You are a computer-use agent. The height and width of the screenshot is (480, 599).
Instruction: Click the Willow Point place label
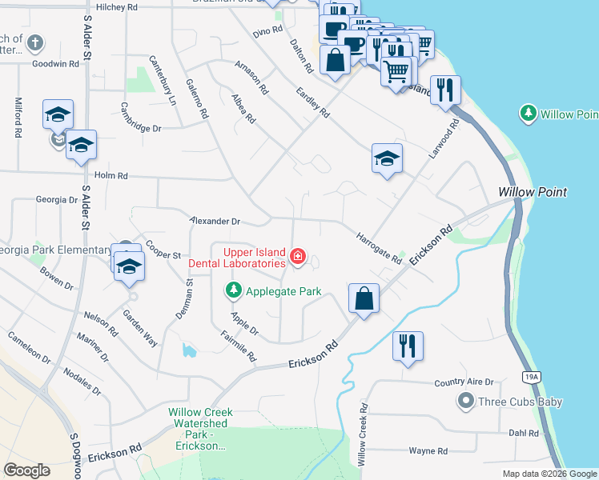(x=532, y=192)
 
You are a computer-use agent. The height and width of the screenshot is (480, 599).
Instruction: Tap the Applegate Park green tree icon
(x=233, y=291)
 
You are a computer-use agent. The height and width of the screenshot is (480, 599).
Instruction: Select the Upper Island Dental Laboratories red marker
(x=298, y=256)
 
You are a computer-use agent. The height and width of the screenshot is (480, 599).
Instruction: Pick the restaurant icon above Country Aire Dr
(x=408, y=346)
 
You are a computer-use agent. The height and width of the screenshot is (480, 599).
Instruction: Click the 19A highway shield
(x=533, y=374)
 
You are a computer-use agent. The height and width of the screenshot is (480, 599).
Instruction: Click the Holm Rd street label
(x=111, y=174)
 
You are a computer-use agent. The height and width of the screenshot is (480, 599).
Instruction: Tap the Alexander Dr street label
(x=215, y=220)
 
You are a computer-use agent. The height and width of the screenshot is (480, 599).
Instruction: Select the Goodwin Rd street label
(x=55, y=62)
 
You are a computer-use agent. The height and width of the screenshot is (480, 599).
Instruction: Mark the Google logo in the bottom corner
(x=26, y=470)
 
